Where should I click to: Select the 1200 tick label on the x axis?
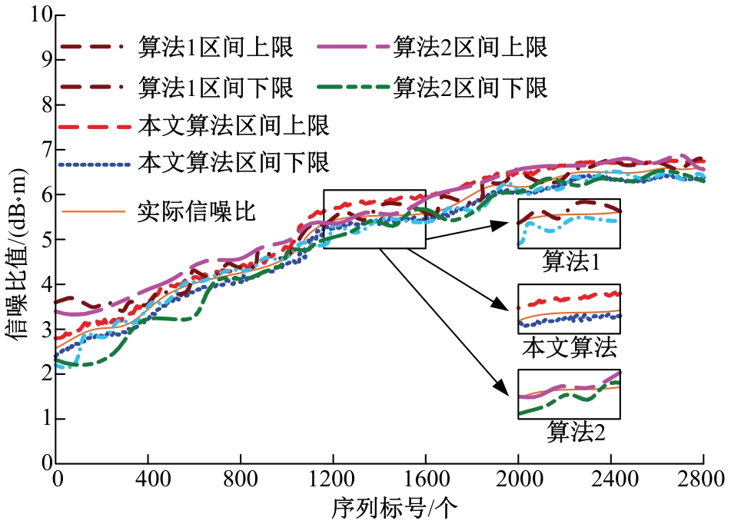(x=333, y=479)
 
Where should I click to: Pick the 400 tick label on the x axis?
(x=148, y=479)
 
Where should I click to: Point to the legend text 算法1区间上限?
(x=215, y=48)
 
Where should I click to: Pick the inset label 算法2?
(x=576, y=433)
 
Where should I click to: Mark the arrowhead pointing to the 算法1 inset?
(x=502, y=223)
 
